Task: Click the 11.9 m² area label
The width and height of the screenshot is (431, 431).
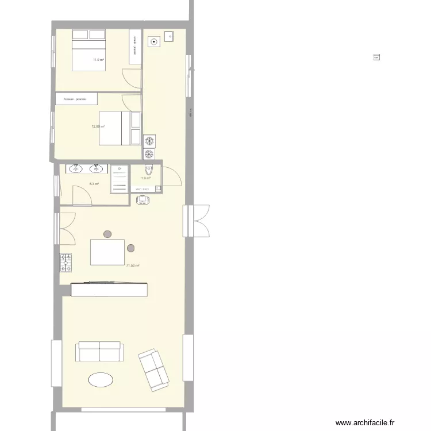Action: click(98, 60)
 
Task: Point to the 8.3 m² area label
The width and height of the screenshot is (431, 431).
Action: click(94, 184)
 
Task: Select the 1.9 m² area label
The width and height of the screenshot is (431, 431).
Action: click(145, 178)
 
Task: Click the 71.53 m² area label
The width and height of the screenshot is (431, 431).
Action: click(133, 265)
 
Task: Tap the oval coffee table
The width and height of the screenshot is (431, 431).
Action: click(100, 380)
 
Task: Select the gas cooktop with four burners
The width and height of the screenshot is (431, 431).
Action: click(66, 262)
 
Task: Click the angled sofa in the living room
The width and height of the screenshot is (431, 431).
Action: click(153, 369)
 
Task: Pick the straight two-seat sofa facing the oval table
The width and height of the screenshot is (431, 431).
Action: click(100, 351)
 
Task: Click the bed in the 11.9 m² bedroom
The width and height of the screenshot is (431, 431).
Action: click(88, 51)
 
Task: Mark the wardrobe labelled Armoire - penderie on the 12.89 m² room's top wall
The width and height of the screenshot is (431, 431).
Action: click(76, 99)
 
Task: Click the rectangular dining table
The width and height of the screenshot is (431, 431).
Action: click(108, 252)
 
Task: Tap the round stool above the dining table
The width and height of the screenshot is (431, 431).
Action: click(107, 234)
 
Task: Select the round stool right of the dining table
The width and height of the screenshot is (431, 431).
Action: click(131, 248)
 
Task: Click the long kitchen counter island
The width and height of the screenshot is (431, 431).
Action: click(109, 289)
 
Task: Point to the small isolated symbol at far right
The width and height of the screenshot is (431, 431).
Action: click(377, 57)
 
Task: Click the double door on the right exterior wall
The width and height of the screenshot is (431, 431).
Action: click(197, 221)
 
